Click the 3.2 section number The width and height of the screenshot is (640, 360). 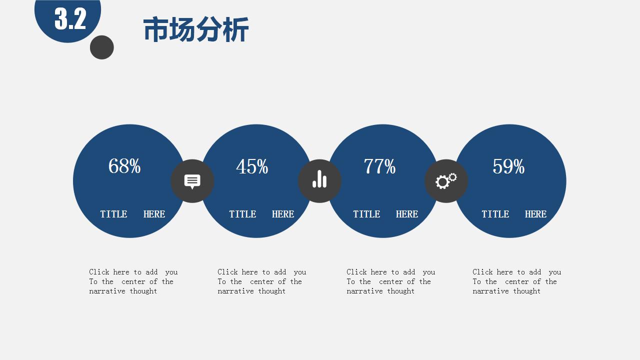[x=70, y=18]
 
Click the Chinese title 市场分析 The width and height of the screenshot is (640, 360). [x=196, y=29]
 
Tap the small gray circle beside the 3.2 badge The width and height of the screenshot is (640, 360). [x=101, y=47]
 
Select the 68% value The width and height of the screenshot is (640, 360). [x=124, y=166]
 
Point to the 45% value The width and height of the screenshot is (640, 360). [x=252, y=166]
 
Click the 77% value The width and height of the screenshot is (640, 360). [x=379, y=166]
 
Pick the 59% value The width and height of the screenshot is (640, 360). [x=508, y=166]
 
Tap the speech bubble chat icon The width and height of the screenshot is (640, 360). [x=192, y=181]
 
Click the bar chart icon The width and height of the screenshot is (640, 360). [x=319, y=179]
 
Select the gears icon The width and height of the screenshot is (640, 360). [x=446, y=181]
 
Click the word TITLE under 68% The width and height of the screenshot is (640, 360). [x=113, y=214]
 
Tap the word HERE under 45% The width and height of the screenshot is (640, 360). [x=283, y=214]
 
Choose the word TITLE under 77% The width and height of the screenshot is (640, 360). [x=366, y=214]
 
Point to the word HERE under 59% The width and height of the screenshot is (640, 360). [x=535, y=214]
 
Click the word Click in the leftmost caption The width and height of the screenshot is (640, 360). [x=99, y=271]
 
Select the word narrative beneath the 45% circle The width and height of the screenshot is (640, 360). [x=235, y=291]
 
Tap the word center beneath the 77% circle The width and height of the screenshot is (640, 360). [x=391, y=281]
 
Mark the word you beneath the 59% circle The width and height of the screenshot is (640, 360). [x=555, y=272]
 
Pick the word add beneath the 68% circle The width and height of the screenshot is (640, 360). [x=151, y=271]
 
